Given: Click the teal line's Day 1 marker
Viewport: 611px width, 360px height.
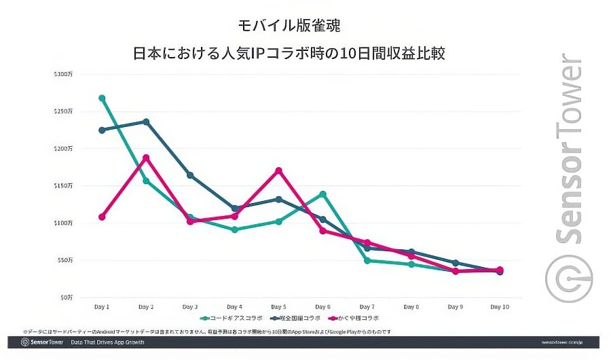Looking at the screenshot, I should pyautogui.click(x=102, y=98).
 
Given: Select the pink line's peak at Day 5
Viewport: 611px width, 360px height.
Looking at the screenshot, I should pyautogui.click(x=278, y=170).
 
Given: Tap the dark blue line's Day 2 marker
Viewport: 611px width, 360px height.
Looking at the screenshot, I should pyautogui.click(x=146, y=122).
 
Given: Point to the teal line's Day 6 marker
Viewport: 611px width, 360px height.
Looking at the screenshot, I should pyautogui.click(x=322, y=194).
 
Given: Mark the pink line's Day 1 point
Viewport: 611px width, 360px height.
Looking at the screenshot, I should pyautogui.click(x=102, y=217).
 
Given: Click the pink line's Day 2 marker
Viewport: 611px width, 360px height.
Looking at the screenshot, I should pyautogui.click(x=146, y=158).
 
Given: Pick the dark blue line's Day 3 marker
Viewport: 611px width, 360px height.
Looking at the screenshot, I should pyautogui.click(x=190, y=175).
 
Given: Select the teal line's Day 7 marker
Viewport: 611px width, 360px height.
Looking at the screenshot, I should pyautogui.click(x=367, y=260).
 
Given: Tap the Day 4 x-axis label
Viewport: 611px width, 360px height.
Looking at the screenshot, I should pyautogui.click(x=234, y=307).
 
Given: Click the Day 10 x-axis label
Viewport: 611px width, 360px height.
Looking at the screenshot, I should pyautogui.click(x=500, y=307).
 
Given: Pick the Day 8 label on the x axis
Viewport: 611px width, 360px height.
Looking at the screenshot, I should pyautogui.click(x=411, y=307).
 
